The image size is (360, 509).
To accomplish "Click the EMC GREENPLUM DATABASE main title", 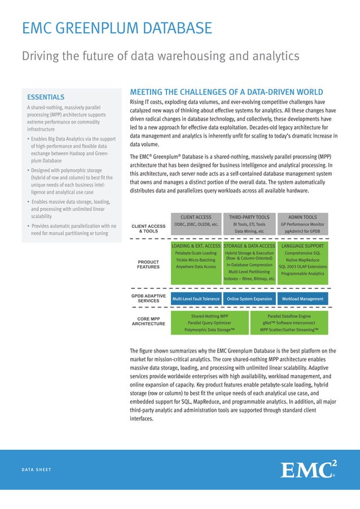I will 117,28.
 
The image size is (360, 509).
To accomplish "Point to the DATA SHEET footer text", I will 37,469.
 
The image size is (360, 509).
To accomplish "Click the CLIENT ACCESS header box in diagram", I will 196,217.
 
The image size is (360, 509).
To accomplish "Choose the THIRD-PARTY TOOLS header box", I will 249,217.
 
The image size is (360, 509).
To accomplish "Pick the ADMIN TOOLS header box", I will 302,217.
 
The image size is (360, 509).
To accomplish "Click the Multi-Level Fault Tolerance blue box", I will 196,299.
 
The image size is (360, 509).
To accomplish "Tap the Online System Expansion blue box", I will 249,299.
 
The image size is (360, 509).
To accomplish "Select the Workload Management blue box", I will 302,299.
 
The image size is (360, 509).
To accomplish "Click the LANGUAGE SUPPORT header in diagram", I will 302,246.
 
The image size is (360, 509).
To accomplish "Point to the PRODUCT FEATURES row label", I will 148,264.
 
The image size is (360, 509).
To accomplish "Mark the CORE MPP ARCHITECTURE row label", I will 148,321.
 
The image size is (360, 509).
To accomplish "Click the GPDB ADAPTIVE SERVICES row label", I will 148,299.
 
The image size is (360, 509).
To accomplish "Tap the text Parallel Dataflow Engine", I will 289,316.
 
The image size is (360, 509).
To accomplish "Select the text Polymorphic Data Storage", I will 209,330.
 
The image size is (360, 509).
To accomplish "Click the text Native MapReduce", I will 302,260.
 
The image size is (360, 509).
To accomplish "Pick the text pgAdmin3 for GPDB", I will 302,231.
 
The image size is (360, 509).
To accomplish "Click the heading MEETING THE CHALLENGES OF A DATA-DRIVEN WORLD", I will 226,92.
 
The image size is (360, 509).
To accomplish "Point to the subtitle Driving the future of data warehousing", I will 160,56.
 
